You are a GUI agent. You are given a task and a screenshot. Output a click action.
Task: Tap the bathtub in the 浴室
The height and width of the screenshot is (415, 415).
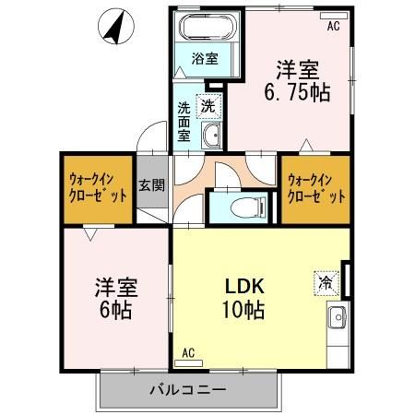(204, 26)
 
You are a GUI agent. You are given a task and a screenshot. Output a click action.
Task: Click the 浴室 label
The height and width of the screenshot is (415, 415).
(205, 60)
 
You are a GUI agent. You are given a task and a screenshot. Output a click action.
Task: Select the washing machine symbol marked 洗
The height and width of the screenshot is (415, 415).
(209, 105)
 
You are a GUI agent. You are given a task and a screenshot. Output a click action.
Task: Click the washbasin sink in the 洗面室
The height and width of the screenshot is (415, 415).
(212, 137)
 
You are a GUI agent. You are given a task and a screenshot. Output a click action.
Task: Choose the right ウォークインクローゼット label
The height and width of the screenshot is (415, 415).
(315, 188)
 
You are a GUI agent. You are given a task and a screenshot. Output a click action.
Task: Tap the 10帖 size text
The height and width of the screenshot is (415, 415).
(243, 311)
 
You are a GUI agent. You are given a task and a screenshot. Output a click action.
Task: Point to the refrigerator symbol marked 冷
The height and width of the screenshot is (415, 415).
(326, 280)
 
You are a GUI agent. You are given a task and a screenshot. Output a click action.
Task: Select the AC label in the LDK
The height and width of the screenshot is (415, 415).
(188, 352)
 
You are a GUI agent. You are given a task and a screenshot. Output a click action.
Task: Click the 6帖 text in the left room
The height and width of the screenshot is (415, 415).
(114, 309)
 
